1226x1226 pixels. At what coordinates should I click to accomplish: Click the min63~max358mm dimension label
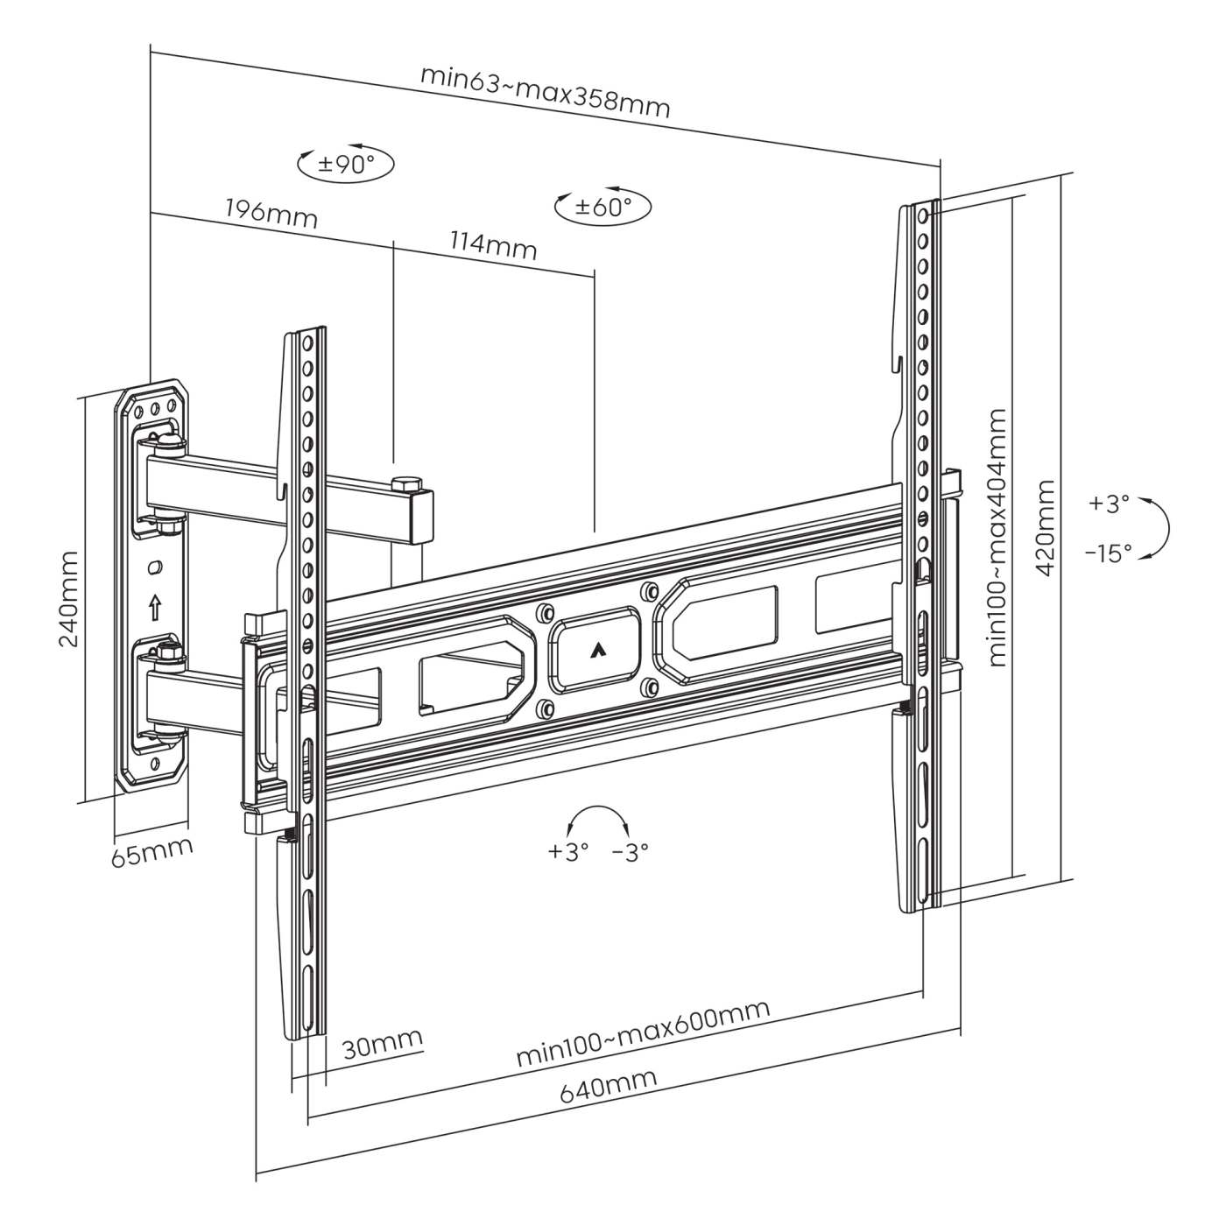pos(545,90)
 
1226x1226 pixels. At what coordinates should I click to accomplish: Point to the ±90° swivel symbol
pos(346,164)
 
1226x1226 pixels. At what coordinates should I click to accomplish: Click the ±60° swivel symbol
pos(603,207)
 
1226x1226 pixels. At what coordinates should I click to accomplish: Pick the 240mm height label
pos(69,599)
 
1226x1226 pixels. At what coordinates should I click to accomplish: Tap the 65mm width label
pos(151,851)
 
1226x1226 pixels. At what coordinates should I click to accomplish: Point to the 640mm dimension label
pos(608,1086)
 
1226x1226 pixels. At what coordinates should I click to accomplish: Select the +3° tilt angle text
pos(1109,504)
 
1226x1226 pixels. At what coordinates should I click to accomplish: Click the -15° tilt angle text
pos(1107,553)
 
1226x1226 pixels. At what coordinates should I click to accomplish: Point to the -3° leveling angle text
pos(630,851)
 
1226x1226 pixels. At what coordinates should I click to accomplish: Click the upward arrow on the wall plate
pos(155,605)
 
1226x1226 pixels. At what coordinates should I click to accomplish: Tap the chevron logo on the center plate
pos(595,649)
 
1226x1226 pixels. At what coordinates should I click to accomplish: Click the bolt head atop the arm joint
pos(406,483)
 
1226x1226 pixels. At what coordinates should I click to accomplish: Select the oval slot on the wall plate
pos(155,568)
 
